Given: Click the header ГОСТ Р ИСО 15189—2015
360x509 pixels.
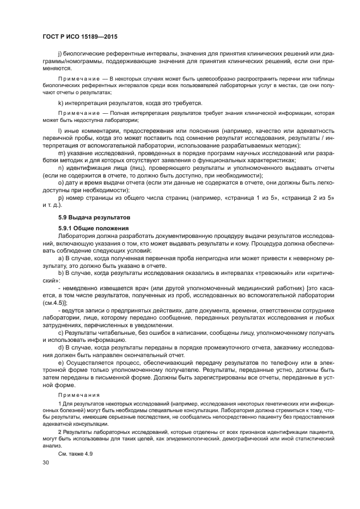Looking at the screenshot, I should click(80, 37).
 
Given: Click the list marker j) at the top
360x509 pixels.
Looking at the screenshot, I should click(59, 54).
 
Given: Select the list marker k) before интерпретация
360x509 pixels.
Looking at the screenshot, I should click(60, 103).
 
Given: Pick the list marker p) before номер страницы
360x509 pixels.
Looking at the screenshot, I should click(60, 197).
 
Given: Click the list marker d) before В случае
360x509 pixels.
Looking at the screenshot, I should click(60, 346).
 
